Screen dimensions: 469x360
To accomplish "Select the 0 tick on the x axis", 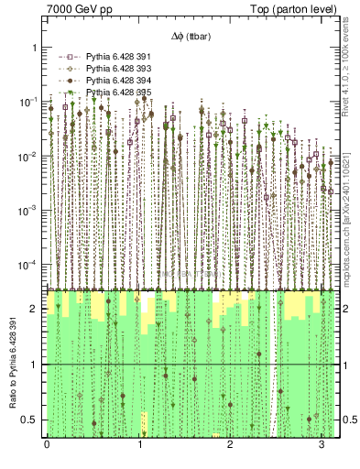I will pyautogui.click(x=47, y=445).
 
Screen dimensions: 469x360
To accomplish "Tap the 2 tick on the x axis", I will pyautogui.click(x=229, y=445).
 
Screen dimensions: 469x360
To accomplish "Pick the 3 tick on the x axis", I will pyautogui.click(x=321, y=445).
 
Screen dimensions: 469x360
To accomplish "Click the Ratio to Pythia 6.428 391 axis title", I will pyautogui.click(x=13, y=364).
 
